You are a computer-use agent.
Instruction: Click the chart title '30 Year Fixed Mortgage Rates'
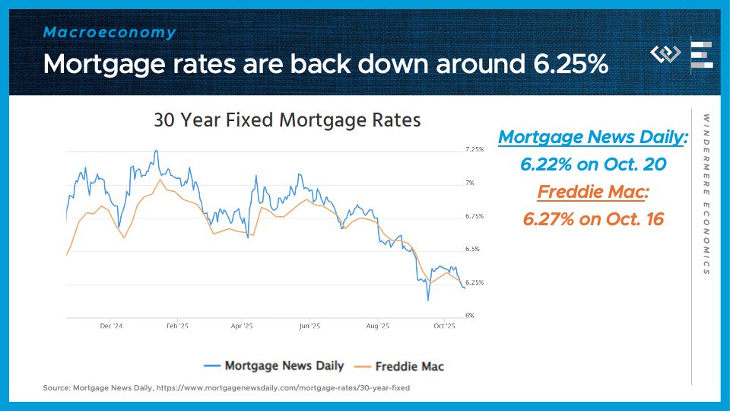(287, 120)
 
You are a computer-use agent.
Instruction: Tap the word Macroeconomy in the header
(109, 33)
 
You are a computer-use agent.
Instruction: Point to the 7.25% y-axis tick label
(474, 150)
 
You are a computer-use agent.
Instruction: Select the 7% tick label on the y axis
(470, 183)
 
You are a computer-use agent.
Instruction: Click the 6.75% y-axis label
(474, 216)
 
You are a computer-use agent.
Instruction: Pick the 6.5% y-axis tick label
(472, 249)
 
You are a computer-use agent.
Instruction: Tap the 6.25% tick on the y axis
(474, 282)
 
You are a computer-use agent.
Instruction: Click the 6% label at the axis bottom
(470, 315)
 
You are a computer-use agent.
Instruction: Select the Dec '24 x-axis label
(111, 326)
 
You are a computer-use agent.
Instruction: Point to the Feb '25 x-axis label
(177, 326)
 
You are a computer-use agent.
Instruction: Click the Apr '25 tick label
(241, 326)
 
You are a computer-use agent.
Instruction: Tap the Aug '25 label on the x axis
(378, 326)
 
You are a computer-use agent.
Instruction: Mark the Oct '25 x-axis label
(444, 326)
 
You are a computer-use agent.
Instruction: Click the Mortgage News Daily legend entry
(275, 366)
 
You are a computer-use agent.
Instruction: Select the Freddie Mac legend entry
(400, 366)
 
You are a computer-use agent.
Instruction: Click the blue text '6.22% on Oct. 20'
(592, 164)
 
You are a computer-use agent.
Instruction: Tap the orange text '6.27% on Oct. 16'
(593, 219)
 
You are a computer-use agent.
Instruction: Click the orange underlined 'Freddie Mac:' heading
(593, 192)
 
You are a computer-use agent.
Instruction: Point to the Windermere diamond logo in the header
(666, 54)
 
